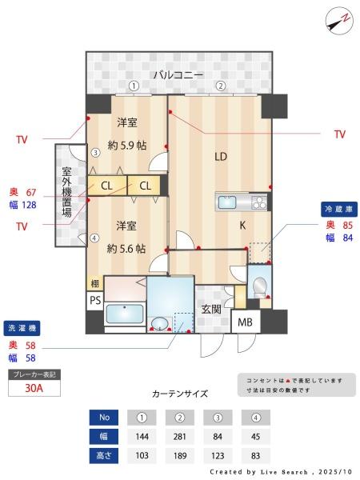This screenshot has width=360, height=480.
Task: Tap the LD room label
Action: pos(220,157)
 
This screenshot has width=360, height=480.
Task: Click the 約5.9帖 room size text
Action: pos(127,145)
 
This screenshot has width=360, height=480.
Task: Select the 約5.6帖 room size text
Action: pos(127,248)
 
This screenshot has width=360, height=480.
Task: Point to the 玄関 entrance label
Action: pos(211,310)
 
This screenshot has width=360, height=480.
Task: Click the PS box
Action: pos(94,301)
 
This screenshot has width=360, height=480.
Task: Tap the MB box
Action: pos(244,323)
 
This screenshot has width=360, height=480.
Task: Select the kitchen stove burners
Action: pos(258,202)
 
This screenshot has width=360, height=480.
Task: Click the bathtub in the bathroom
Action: pos(124,314)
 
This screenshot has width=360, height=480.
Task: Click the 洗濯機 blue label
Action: pos(22,329)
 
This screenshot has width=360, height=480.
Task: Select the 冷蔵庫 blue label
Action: pos(338,209)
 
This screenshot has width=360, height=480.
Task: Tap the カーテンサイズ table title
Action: pos(179,394)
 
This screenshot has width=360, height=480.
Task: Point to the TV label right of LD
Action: pos(339,134)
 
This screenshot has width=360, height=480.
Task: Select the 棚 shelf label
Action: pos(94,283)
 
